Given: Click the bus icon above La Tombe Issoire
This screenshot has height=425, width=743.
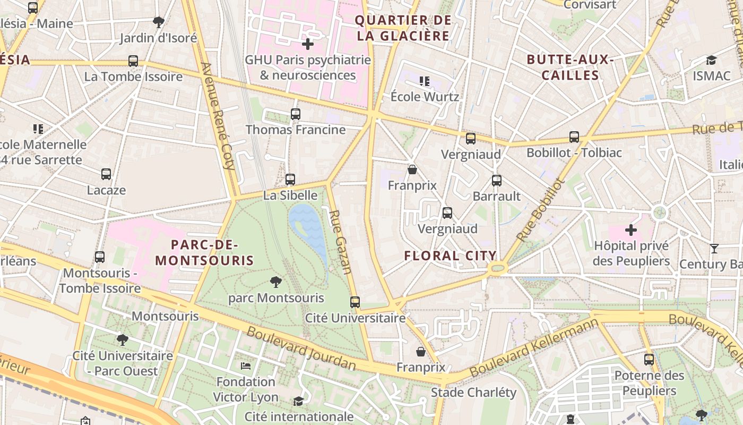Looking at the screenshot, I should coord(133,61).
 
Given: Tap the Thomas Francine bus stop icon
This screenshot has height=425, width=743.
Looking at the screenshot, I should coord(296,114).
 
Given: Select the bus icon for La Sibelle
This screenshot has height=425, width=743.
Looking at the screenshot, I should coord(290,180).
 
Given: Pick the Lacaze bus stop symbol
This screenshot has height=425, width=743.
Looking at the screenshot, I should coord(106,174).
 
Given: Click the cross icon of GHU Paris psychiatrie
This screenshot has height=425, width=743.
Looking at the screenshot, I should coord(307,44).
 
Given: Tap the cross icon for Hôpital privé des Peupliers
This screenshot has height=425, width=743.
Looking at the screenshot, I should coord(630,230).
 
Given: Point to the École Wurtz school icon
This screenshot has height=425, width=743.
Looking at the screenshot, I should coord(424,81).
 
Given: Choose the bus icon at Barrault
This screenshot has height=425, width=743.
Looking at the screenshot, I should coord(496,181).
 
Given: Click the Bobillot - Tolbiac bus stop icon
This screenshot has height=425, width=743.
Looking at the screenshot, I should coord(574,137).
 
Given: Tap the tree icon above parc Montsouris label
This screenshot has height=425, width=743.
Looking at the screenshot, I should coord(275,282).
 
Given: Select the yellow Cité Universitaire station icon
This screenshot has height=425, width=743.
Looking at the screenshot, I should coord(355,302).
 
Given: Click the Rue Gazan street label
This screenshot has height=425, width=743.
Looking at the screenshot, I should coord(340,242).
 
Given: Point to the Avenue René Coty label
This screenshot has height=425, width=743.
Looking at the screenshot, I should coord(218,116).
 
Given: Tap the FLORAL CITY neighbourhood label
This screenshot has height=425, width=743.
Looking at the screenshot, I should coord(450,256).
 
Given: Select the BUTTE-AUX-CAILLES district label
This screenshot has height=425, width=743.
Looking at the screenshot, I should coord(570,67).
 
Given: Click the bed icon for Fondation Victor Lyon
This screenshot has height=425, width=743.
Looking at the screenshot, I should coord(246,365).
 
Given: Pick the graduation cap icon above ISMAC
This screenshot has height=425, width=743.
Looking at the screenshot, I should coord(711,61).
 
